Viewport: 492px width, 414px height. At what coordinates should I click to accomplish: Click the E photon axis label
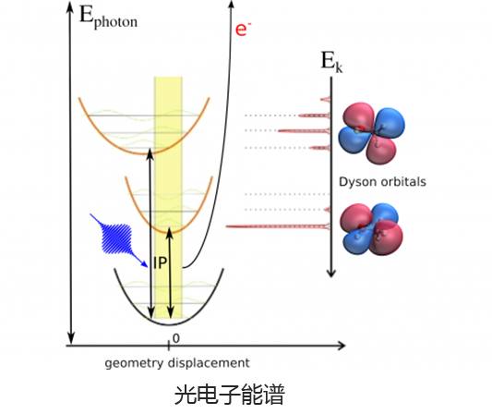(x=108, y=18)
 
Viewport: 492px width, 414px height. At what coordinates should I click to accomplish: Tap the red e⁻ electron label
(x=243, y=30)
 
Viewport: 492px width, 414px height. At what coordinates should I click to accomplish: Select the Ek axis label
(x=331, y=62)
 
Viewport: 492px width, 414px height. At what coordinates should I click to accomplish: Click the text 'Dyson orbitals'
(x=382, y=182)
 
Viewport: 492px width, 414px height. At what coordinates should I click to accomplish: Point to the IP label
(x=160, y=263)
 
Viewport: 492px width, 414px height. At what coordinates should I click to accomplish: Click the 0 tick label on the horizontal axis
(x=176, y=338)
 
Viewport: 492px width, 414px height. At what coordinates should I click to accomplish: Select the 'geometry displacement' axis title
(x=177, y=363)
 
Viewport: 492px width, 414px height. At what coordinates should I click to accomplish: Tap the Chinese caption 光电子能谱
(x=229, y=395)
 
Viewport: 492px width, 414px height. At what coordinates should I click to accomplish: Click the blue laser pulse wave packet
(x=116, y=238)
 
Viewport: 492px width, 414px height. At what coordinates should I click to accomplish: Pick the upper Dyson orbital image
(x=371, y=132)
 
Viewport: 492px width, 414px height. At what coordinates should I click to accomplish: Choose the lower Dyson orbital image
(x=371, y=229)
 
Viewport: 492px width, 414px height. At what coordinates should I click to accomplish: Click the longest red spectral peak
(x=278, y=226)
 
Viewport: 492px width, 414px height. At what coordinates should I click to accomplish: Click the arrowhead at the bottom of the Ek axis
(x=331, y=273)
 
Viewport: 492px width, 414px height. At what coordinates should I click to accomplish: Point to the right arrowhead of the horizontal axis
(x=342, y=346)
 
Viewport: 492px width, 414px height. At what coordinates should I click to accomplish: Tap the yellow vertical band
(x=168, y=197)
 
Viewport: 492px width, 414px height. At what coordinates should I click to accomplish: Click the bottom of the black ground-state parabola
(x=169, y=323)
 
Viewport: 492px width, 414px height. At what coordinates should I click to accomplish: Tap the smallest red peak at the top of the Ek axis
(x=326, y=100)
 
